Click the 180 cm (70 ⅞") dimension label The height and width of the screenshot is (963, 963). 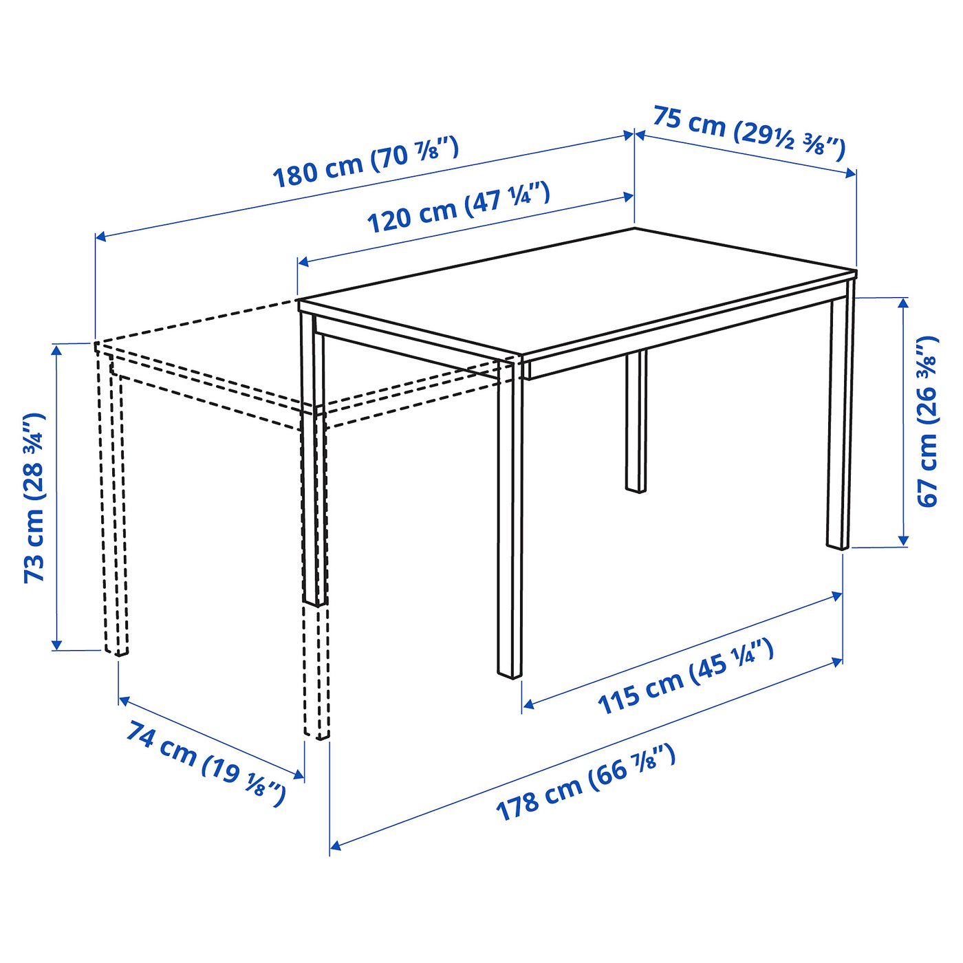tap(365, 163)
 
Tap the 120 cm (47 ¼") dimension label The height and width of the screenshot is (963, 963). tap(459, 208)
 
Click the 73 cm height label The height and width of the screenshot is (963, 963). tap(36, 497)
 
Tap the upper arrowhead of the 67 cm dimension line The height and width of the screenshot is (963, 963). tap(902, 305)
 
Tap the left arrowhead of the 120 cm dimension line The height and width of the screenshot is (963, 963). tap(304, 261)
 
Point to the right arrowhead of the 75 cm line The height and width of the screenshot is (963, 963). tap(850, 173)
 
